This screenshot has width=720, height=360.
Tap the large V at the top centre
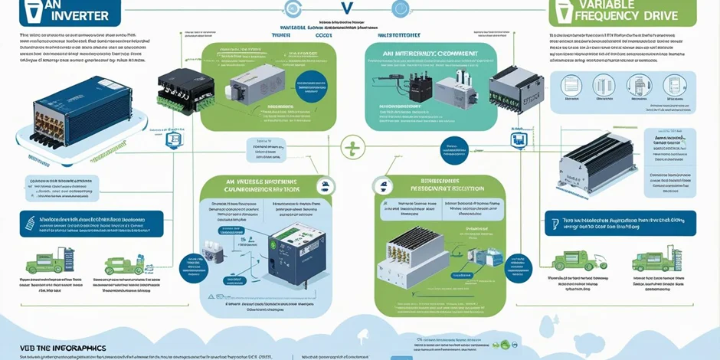coord(345,9)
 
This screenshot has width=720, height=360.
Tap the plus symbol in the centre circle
coord(352,147)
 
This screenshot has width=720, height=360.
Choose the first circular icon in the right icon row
coord(571,85)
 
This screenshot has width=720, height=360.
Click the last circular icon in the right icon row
coord(675,85)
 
